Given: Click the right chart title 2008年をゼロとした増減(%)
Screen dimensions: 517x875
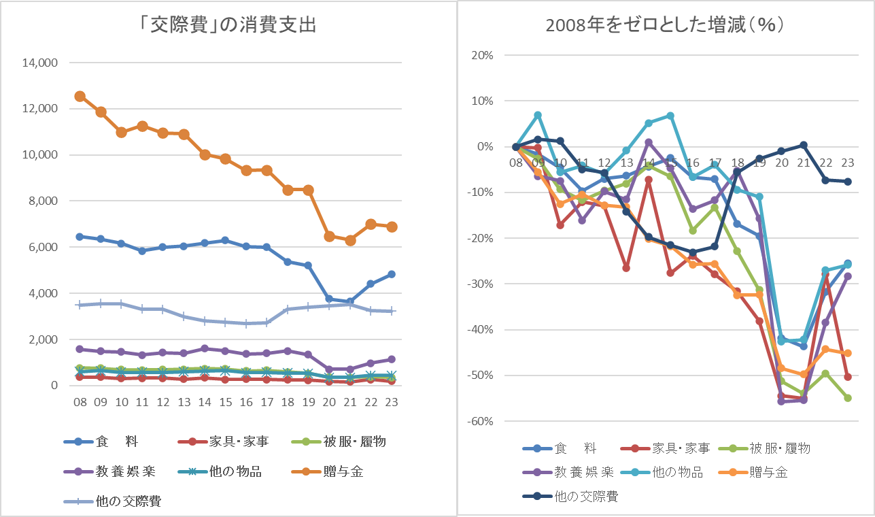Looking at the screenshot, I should point(666,25).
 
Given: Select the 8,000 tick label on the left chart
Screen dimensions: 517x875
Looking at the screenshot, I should point(41,201).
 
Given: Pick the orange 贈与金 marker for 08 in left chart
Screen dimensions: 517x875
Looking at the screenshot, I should point(80,96).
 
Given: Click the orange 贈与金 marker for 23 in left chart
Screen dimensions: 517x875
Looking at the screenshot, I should point(392,227).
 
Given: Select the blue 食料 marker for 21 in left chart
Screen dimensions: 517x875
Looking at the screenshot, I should point(350,301).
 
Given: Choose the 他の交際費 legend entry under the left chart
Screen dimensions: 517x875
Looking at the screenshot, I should point(115,502).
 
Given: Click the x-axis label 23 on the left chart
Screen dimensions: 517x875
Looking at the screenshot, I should point(392,402).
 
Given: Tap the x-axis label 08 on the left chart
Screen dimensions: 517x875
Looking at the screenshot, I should point(80,402).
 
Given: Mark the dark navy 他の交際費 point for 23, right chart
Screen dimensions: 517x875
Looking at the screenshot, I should point(848,182).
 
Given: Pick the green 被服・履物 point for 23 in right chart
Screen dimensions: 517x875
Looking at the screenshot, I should point(848,398).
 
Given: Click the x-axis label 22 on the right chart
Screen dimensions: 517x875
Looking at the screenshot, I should point(827,163).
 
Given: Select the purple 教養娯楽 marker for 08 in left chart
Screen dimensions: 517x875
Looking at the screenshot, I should point(80,349).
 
